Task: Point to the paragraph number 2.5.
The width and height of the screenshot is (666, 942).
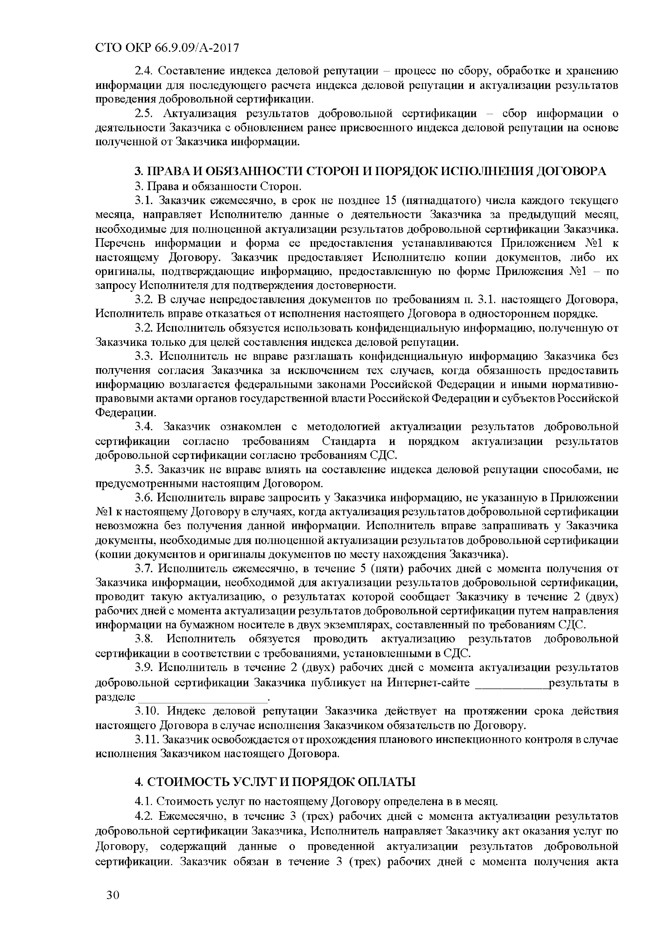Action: [x=144, y=114]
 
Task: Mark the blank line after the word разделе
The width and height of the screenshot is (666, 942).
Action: [x=203, y=697]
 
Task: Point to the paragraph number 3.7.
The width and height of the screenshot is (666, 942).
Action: [x=144, y=569]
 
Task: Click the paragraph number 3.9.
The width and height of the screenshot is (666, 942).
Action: [x=144, y=668]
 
